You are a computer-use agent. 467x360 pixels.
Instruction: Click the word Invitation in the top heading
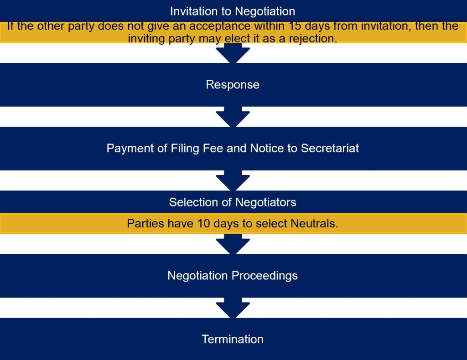tap(194, 11)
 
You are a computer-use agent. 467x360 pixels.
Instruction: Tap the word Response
tap(233, 85)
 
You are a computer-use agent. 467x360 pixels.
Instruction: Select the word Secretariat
tap(330, 148)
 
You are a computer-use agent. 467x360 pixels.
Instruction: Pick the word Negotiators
tap(266, 202)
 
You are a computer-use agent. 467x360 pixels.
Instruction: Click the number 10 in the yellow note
tap(204, 223)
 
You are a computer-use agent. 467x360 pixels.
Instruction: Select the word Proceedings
tap(265, 276)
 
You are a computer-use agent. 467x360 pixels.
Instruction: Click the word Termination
tap(233, 339)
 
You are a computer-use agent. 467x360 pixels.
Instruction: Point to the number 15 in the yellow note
tap(295, 26)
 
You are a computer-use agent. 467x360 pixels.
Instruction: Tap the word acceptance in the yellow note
tap(220, 26)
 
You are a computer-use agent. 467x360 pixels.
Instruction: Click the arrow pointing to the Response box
tap(233, 53)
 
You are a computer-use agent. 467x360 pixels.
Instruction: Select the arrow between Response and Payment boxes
tap(233, 117)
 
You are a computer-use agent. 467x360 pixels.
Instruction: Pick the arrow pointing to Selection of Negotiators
tap(233, 180)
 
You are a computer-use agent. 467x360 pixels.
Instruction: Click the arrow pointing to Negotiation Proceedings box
tap(233, 244)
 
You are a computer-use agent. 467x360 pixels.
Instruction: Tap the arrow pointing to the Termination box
tap(233, 308)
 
